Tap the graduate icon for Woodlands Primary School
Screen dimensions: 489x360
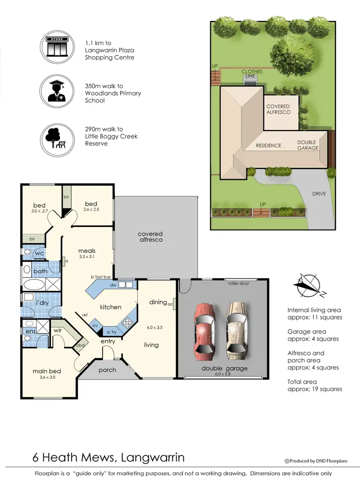pyautogui.click(x=57, y=92)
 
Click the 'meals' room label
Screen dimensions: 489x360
pyautogui.click(x=87, y=250)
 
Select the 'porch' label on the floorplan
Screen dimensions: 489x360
pyautogui.click(x=107, y=370)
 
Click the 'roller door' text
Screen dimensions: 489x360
pyautogui.click(x=238, y=283)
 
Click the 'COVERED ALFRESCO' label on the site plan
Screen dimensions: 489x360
pyautogui.click(x=278, y=109)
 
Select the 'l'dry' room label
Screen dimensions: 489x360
pyautogui.click(x=31, y=303)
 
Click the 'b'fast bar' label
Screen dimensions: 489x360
pyautogui.click(x=101, y=277)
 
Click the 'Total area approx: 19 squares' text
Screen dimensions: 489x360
pyautogui.click(x=314, y=385)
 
